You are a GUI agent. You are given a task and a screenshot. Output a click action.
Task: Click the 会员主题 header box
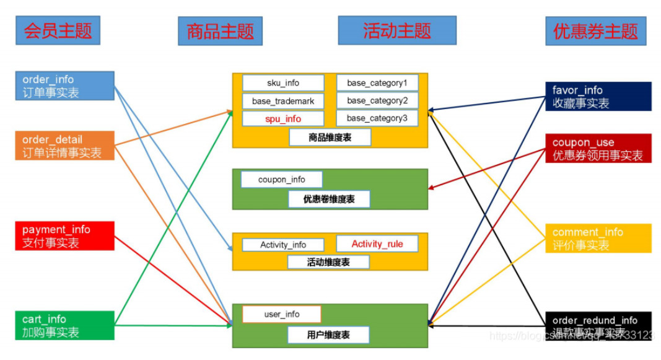[58, 30]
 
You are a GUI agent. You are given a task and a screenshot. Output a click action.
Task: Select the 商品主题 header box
[220, 31]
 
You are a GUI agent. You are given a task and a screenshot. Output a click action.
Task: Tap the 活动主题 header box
[396, 30]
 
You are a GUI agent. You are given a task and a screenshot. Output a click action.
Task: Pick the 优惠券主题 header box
[595, 31]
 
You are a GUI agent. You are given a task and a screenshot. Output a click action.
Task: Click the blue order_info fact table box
[65, 86]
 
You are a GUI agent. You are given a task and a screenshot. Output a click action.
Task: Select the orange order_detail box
[65, 146]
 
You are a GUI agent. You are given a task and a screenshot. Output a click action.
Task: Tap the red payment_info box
[65, 235]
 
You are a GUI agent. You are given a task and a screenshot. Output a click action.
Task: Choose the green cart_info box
[65, 325]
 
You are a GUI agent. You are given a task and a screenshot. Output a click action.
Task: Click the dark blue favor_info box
[598, 96]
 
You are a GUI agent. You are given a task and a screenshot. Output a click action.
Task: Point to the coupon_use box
[598, 149]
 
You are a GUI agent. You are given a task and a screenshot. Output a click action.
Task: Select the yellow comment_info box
[598, 238]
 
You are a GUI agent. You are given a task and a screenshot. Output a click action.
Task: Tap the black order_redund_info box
[598, 326]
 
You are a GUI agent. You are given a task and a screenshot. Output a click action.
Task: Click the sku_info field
[283, 83]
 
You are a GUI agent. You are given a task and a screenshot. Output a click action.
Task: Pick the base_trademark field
[283, 100]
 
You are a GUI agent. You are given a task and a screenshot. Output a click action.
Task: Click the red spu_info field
[283, 118]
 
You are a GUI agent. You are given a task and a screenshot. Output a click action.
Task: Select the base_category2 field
[377, 100]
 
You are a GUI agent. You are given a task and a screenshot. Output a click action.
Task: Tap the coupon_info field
[282, 180]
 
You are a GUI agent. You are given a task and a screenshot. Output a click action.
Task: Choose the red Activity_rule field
[377, 244]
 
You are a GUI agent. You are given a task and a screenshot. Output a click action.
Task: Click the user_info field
[282, 314]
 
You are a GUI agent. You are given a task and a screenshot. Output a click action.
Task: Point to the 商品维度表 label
[330, 138]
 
